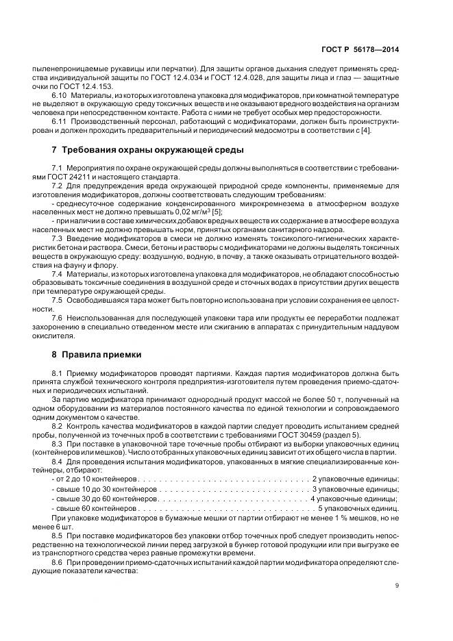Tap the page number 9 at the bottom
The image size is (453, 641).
point(397,585)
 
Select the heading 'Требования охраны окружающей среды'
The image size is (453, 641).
point(152,150)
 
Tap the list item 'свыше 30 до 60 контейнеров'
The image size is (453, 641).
point(104,499)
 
